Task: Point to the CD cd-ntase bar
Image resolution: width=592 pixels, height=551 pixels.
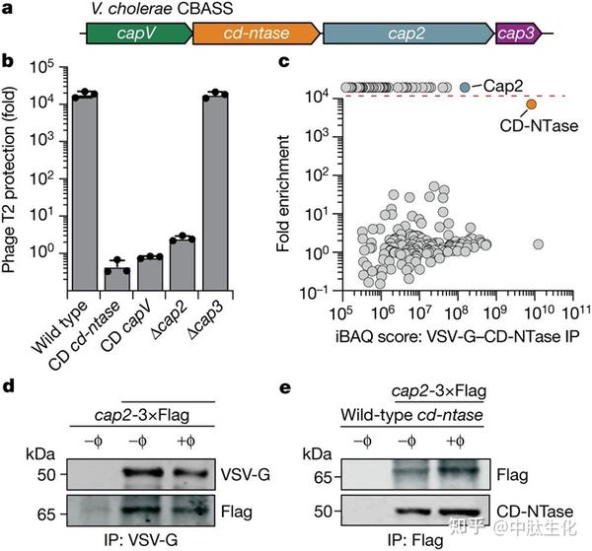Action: [119, 278]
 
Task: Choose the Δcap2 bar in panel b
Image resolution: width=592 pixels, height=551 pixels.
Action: [183, 262]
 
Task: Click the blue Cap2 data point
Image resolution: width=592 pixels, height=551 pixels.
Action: [465, 88]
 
